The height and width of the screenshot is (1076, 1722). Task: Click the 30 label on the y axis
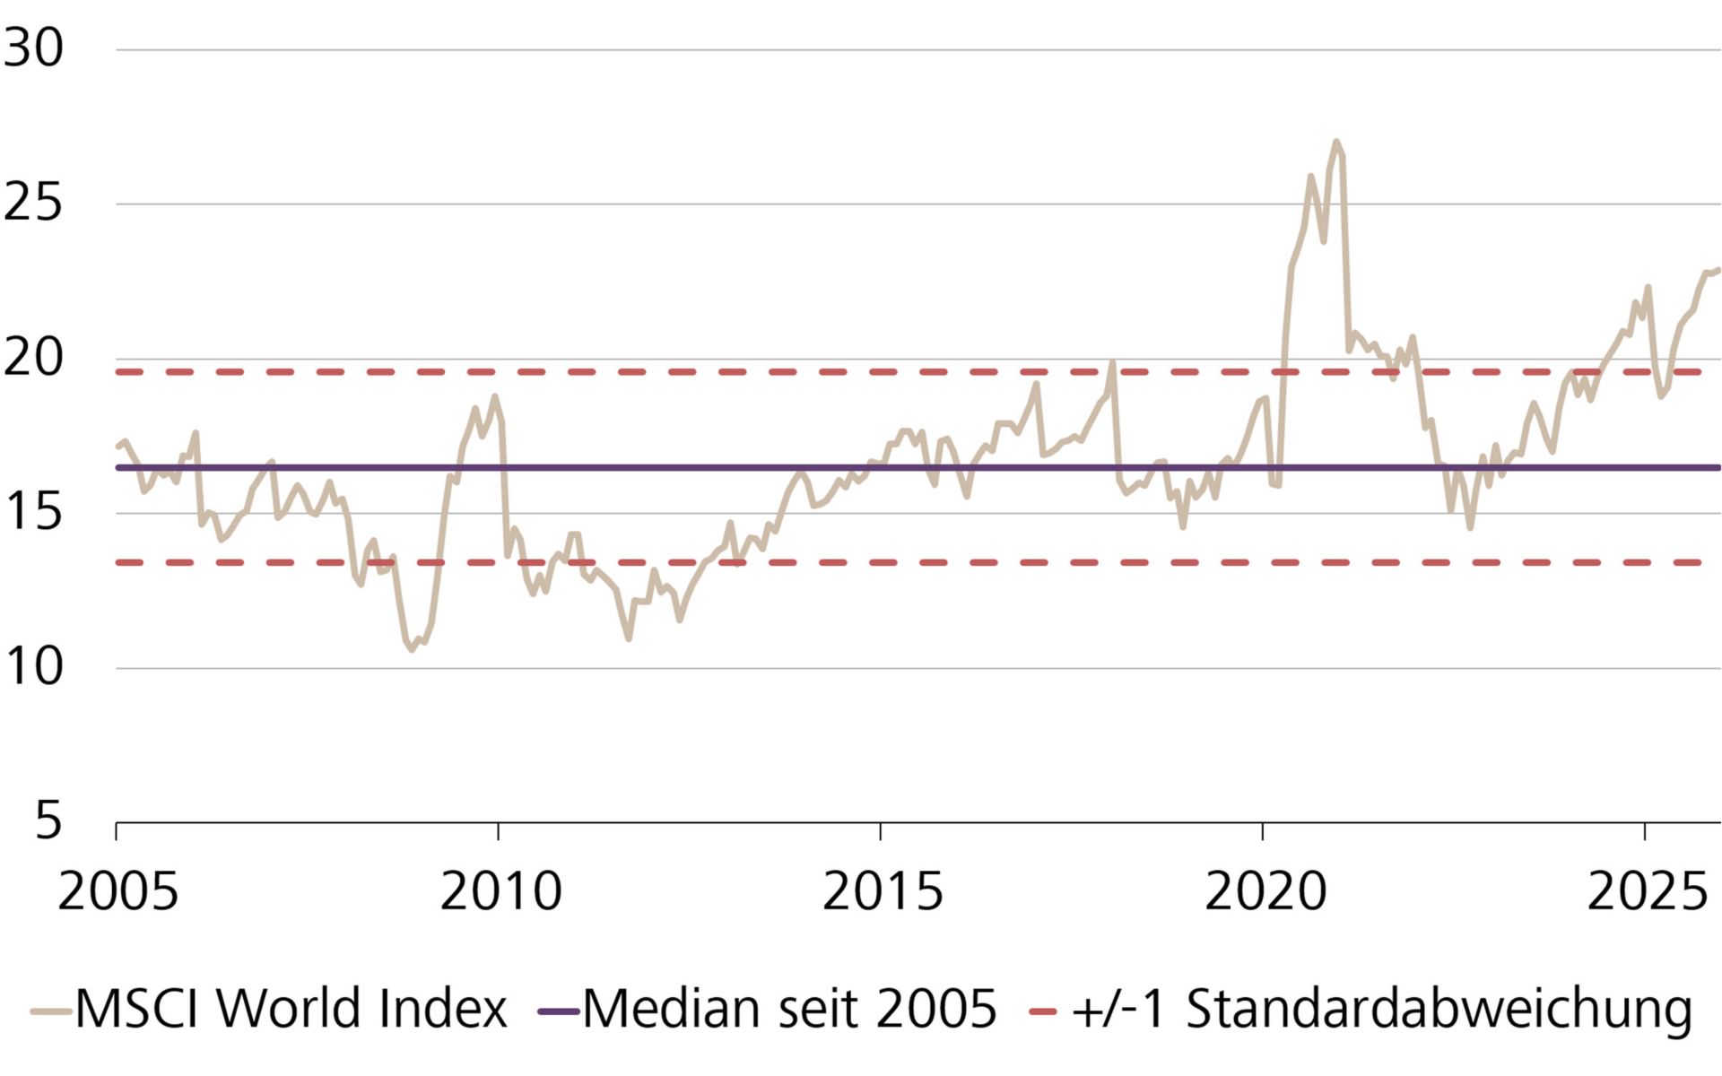[34, 48]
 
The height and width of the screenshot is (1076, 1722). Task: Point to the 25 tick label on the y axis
[34, 203]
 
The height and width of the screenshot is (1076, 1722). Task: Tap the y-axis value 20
[34, 358]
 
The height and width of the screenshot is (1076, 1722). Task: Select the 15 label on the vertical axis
[34, 512]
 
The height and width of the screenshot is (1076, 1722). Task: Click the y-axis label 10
[34, 667]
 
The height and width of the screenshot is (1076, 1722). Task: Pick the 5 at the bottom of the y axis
[48, 820]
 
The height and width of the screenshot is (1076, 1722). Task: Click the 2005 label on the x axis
[117, 891]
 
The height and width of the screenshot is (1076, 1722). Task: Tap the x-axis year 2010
[500, 891]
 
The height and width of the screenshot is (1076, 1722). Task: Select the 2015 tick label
[882, 891]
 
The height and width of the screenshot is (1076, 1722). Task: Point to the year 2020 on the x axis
[1264, 891]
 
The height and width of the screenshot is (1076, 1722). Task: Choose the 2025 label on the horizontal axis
[1646, 891]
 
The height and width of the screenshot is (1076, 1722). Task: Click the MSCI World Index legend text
[291, 1009]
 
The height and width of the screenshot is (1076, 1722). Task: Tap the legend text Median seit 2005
[789, 1009]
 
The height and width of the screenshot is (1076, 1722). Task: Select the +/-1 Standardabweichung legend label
[1381, 1009]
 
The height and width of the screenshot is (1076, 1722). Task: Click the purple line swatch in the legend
[558, 1011]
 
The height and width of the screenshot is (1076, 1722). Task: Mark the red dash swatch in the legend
[1042, 1011]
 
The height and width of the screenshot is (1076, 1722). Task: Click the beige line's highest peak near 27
[1336, 142]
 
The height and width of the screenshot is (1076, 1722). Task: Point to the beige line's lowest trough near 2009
[412, 649]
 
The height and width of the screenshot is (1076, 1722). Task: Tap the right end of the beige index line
[1718, 269]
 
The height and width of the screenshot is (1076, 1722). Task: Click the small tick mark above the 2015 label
[880, 831]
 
